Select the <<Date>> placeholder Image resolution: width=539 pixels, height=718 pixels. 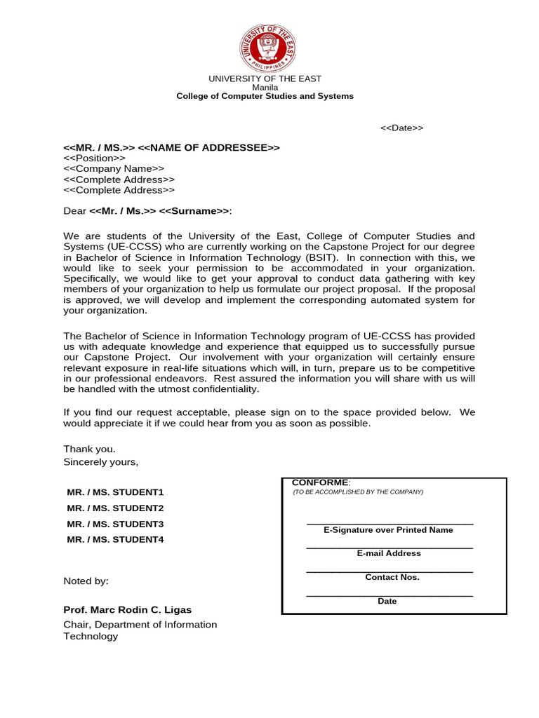click(401, 128)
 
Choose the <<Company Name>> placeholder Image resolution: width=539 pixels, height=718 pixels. click(114, 169)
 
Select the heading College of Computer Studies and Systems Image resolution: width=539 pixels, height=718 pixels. click(265, 96)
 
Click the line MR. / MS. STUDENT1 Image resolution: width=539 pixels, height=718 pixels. click(115, 492)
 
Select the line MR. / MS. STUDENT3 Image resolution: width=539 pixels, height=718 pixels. click(115, 524)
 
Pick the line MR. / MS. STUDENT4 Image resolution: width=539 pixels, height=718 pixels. click(115, 540)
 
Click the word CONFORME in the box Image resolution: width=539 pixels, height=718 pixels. click(319, 482)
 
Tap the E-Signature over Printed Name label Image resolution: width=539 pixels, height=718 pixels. click(388, 530)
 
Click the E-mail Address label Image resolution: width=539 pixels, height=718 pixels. click(389, 553)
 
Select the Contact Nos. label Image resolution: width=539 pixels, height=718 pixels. click(392, 577)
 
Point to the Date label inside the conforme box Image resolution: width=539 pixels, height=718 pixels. click(387, 601)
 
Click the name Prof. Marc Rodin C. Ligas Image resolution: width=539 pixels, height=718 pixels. click(127, 609)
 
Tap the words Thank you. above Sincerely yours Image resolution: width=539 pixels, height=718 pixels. click(89, 449)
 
